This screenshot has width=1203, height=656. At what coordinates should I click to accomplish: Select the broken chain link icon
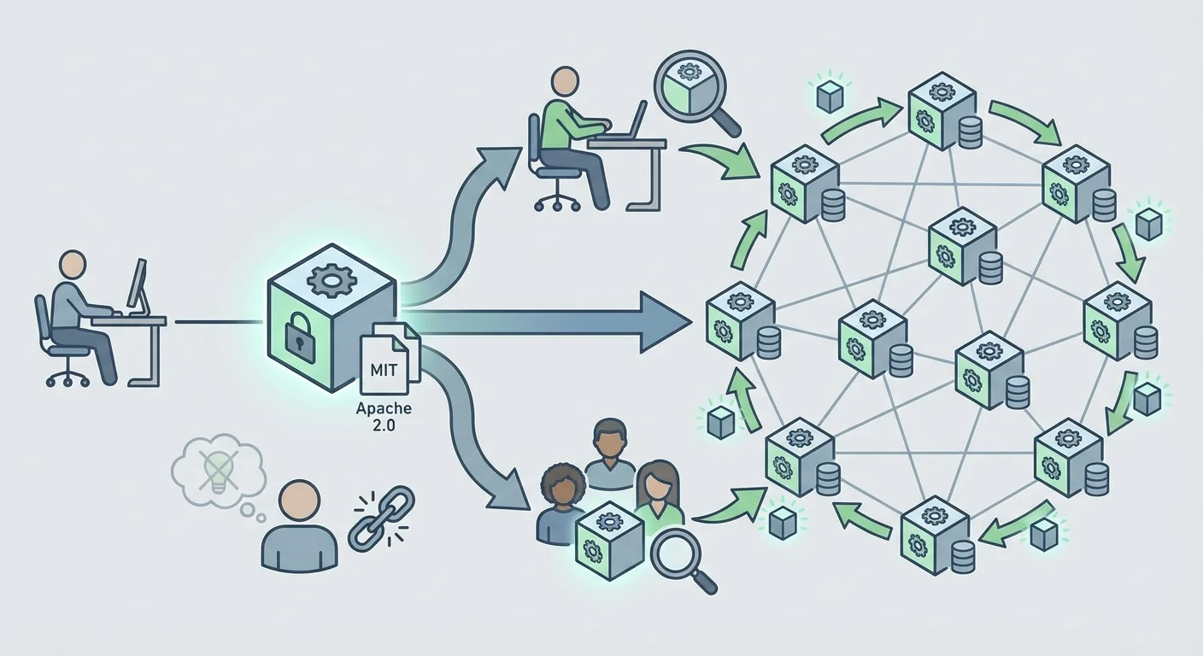[x=381, y=518]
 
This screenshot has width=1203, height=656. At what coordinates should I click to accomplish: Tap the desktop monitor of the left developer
[x=138, y=285]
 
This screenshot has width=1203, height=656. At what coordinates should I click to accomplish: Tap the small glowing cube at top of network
[x=830, y=97]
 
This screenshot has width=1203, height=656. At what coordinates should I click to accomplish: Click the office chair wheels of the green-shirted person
[x=556, y=202]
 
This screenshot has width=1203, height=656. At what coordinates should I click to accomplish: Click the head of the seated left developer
[x=73, y=265]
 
